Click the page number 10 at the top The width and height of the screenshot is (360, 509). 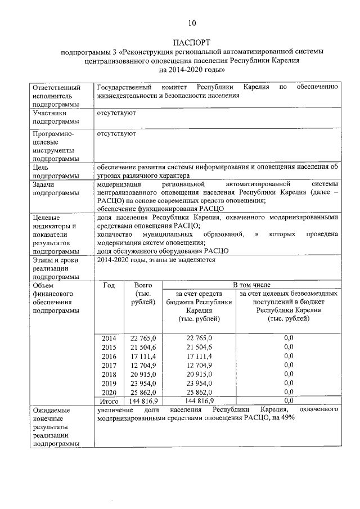(x=191, y=23)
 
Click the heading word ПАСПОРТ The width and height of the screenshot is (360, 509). (x=191, y=42)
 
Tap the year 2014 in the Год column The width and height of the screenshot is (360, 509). (x=109, y=338)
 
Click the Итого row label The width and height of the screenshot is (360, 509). (x=109, y=401)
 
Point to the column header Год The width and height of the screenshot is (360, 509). (x=109, y=285)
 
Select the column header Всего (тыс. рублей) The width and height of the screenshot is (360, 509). (x=143, y=294)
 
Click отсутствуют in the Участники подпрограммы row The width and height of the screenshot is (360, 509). (x=116, y=113)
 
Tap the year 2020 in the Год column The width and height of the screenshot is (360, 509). (x=109, y=392)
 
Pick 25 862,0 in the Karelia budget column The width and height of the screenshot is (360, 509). (x=199, y=392)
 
